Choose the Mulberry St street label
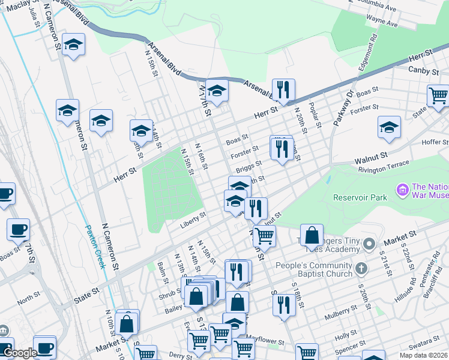pyautogui.click(x=345, y=310)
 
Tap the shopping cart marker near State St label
pyautogui.click(x=438, y=95)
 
